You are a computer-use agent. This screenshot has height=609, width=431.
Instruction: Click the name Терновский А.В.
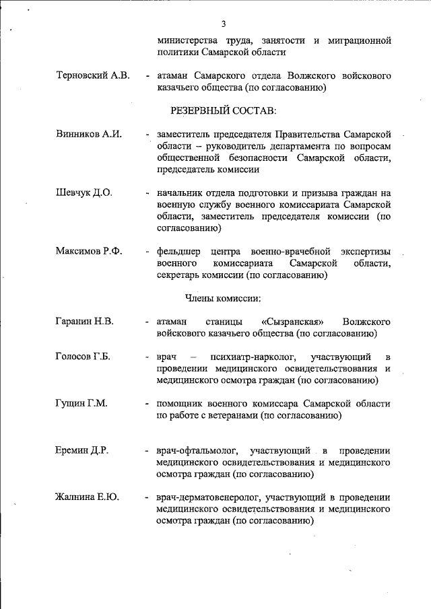click(94, 75)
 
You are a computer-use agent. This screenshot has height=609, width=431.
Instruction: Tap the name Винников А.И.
click(88, 134)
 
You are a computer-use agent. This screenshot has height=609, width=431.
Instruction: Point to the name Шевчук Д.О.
click(84, 192)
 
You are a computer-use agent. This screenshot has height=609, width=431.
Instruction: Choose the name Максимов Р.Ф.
click(89, 252)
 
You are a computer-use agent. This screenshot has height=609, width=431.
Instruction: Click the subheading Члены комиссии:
click(223, 297)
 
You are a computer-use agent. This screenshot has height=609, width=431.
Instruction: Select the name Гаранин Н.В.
click(84, 321)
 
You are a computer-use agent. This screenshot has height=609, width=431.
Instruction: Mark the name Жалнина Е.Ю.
click(87, 497)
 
